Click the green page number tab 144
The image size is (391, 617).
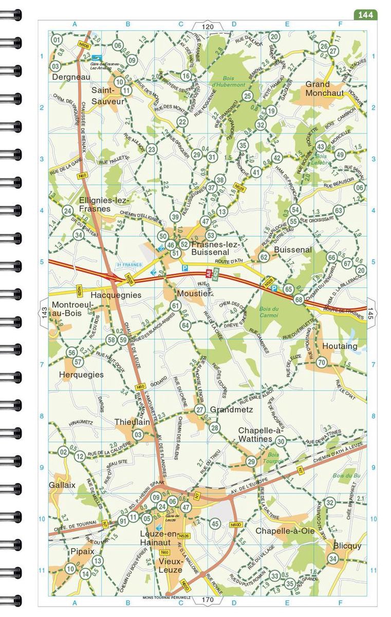365,15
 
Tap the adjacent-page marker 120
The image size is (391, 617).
208,26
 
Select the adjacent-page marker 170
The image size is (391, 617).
208,600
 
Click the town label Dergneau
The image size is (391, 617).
71,77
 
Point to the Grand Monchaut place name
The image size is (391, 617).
324,88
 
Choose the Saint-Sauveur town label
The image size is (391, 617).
107,96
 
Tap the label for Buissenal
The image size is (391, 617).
293,249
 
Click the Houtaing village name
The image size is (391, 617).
340,346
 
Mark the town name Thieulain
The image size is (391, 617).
132,422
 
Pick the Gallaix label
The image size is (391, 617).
62,485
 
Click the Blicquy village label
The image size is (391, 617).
347,546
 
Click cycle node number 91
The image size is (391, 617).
123,521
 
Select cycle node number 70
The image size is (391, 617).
322,362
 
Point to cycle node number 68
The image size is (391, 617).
299,299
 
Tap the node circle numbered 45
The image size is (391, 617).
215,523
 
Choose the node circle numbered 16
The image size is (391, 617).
186,76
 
